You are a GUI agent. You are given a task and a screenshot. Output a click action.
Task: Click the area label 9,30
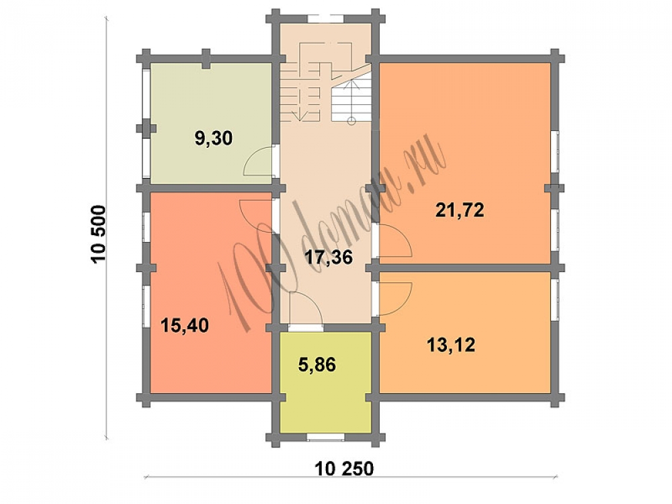[x=214, y=139]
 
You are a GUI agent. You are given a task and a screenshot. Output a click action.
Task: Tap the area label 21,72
[x=460, y=210]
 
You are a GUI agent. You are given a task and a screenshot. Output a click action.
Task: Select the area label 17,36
[x=329, y=257]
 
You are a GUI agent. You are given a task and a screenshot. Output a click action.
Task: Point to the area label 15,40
[x=185, y=326]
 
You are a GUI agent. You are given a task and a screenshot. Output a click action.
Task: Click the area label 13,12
[x=452, y=345]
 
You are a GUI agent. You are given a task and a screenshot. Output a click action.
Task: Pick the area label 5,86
[x=317, y=365]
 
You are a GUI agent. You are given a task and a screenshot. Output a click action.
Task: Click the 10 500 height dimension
[x=98, y=234]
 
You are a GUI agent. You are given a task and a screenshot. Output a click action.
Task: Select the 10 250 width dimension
[x=344, y=468]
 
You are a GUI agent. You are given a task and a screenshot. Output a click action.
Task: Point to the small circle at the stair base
[x=351, y=121]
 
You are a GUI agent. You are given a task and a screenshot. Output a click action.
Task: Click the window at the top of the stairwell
[x=326, y=18]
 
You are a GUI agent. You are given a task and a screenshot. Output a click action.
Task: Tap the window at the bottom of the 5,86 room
[x=326, y=437]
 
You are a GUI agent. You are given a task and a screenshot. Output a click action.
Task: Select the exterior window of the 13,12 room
[x=555, y=299]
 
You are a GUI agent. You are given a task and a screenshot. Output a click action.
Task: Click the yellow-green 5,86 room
[x=326, y=382]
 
